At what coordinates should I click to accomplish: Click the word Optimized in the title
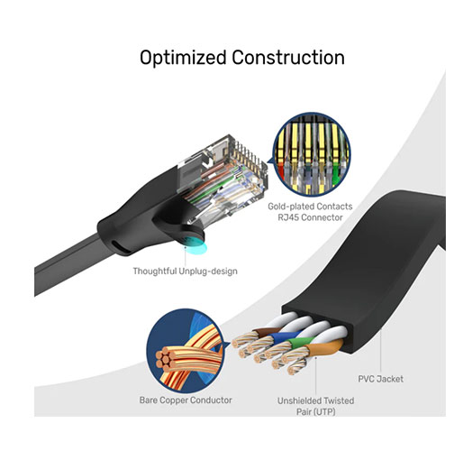click(x=183, y=58)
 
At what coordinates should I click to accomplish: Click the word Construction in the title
click(x=288, y=57)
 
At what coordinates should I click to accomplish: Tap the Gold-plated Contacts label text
click(x=310, y=207)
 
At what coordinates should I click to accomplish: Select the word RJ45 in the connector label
click(x=288, y=217)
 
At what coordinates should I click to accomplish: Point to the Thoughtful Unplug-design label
click(x=186, y=271)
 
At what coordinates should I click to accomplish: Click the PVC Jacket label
click(x=381, y=379)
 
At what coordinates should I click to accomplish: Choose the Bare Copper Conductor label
click(x=186, y=400)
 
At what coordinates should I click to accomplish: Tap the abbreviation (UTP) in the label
click(x=324, y=411)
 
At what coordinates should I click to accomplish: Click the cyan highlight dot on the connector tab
click(x=195, y=244)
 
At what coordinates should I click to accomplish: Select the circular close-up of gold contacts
click(x=312, y=154)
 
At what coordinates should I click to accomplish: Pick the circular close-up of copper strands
click(x=186, y=351)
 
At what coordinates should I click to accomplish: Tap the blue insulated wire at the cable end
click(x=281, y=336)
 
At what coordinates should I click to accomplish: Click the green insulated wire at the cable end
click(x=300, y=342)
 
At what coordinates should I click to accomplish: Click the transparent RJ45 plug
click(x=223, y=179)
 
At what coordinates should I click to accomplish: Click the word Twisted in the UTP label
click(x=339, y=400)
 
